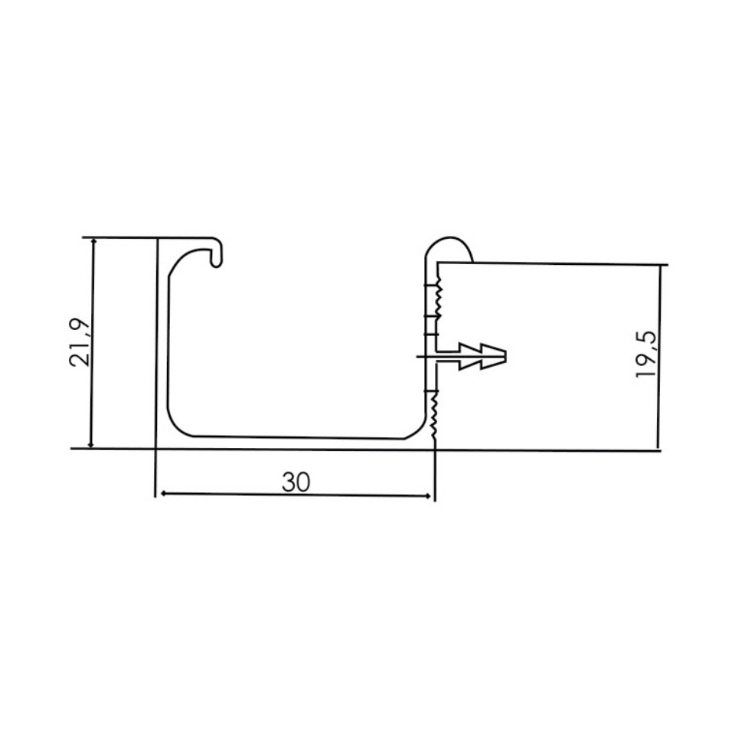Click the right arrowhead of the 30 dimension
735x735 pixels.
[429, 495]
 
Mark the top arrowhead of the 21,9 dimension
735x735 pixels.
[93, 243]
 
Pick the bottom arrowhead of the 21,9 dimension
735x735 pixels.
[92, 443]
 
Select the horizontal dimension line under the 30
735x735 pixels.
[296, 495]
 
